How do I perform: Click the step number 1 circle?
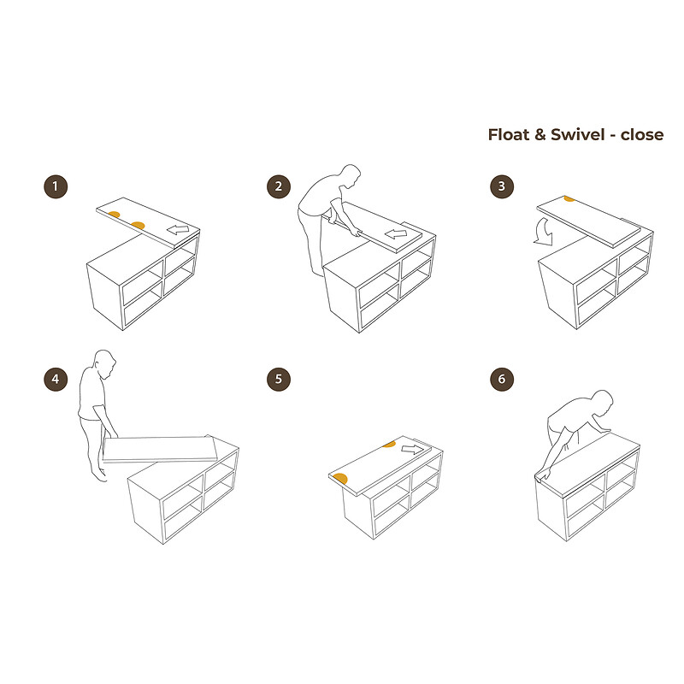(x=56, y=186)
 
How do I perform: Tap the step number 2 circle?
(x=279, y=186)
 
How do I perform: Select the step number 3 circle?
(x=502, y=186)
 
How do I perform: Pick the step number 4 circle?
(x=56, y=379)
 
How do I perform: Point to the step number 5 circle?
(x=279, y=379)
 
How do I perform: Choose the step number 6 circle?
(x=502, y=379)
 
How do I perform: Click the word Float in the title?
(x=508, y=135)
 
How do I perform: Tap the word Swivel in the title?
(x=578, y=135)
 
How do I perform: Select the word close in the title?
(x=642, y=135)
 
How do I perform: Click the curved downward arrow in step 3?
(x=544, y=233)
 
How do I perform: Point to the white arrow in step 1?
(x=178, y=229)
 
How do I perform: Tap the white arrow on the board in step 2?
(x=396, y=234)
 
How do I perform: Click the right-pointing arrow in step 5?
(x=413, y=450)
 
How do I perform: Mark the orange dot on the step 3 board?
(x=569, y=199)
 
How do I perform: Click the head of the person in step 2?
(x=351, y=176)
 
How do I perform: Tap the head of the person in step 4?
(x=105, y=363)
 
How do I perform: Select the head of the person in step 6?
(x=603, y=402)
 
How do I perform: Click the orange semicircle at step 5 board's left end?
(x=340, y=479)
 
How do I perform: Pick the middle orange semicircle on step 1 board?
(x=138, y=226)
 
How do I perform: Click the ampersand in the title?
(x=540, y=135)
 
